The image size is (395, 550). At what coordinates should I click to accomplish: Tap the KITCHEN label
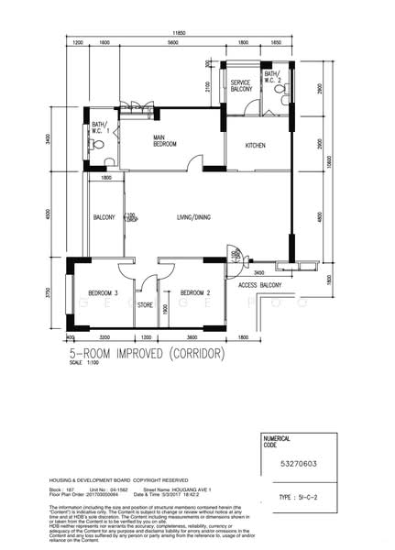[255, 146]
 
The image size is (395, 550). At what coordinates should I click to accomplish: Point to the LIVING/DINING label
[194, 217]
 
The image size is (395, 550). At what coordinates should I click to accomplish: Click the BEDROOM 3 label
[103, 292]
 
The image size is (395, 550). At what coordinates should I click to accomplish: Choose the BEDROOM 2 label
[196, 292]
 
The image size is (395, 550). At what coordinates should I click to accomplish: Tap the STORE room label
[145, 306]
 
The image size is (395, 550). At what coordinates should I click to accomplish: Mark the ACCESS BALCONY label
[259, 287]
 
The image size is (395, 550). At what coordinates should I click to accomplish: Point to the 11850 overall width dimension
[183, 32]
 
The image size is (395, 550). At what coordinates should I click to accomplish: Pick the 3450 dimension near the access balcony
[258, 273]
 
